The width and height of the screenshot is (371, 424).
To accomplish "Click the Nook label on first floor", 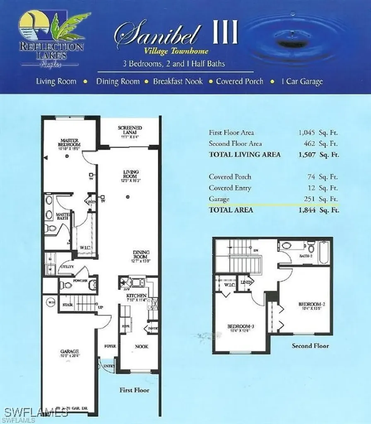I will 141,346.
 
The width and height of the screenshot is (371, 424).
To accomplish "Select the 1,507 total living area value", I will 307,154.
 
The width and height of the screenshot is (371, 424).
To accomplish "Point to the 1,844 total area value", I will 307,210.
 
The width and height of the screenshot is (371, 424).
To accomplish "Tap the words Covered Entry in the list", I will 230,188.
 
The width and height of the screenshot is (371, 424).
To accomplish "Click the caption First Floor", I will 134,390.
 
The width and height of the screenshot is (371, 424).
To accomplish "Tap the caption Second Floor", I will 310,345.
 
